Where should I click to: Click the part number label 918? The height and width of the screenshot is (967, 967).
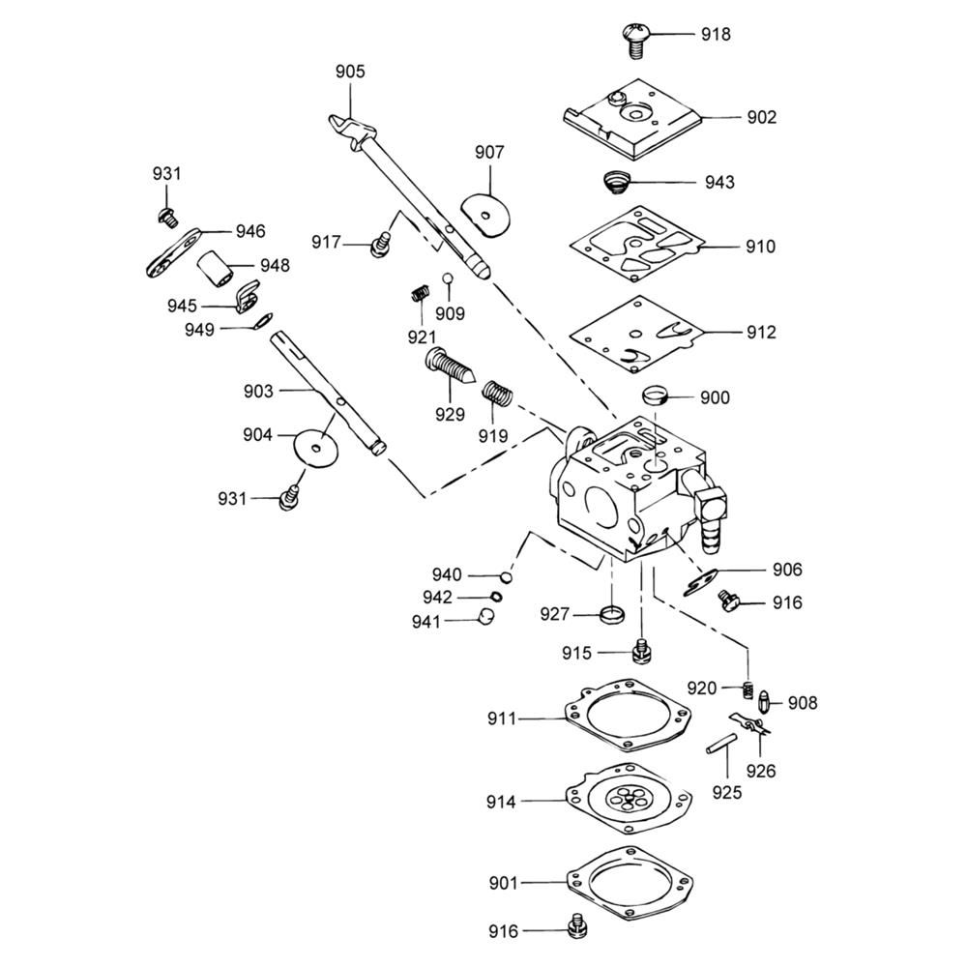tap(716, 35)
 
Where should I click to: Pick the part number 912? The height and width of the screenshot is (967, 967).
tap(760, 333)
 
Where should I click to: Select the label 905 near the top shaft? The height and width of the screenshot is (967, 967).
tap(350, 72)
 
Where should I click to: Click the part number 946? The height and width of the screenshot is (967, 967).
tap(249, 232)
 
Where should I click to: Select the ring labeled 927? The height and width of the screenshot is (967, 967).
tap(613, 613)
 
